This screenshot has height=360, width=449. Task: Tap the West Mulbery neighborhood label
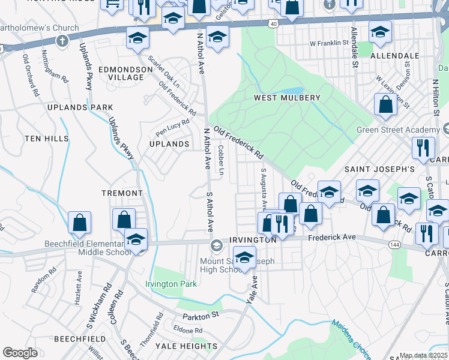287,97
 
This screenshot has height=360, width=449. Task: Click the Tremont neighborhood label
122,193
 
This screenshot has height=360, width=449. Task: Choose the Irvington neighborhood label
253,239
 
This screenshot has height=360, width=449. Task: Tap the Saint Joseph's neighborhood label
379,169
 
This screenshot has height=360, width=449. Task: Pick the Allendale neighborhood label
395,55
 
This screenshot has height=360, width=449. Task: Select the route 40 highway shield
274,23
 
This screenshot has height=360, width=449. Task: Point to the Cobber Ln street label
221,160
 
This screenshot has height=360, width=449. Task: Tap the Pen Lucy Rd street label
172,127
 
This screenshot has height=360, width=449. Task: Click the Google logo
20,353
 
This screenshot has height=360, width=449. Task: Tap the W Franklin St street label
329,43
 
